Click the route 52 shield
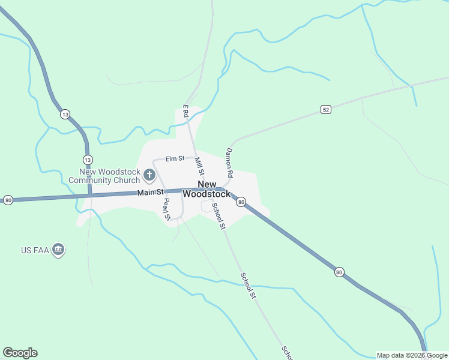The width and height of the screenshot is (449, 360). (x=325, y=109)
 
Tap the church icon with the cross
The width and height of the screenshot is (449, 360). (x=149, y=176)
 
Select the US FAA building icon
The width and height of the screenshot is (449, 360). (x=58, y=250)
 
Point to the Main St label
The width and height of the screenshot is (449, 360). (x=150, y=192)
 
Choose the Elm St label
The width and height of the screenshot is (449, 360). (x=175, y=158)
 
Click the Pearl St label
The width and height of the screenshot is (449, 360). (x=167, y=208)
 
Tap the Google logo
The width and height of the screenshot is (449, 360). (x=20, y=353)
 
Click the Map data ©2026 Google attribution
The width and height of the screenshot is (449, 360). (x=412, y=355)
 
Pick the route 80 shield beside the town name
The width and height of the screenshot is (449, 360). (x=241, y=202)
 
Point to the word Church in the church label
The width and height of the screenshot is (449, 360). (x=128, y=180)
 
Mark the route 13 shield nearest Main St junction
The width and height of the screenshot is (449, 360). (x=88, y=160)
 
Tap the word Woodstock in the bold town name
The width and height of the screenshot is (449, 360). (x=206, y=194)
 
